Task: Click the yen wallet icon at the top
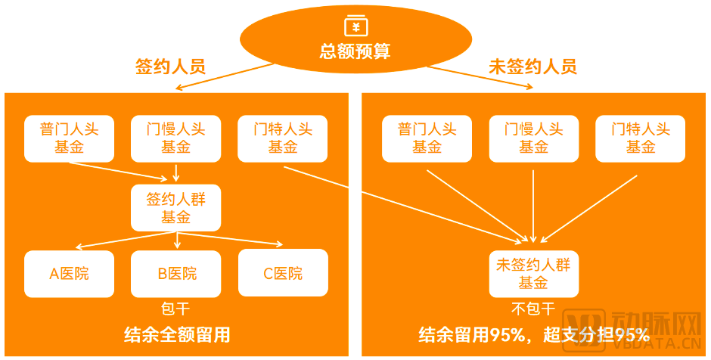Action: pyautogui.click(x=355, y=26)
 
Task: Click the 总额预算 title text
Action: pyautogui.click(x=355, y=52)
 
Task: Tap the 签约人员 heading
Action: pyautogui.click(x=170, y=67)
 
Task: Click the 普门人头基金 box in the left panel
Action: pyautogui.click(x=69, y=138)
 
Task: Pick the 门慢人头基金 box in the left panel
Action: pyautogui.click(x=175, y=138)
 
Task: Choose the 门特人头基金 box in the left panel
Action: pyautogui.click(x=283, y=138)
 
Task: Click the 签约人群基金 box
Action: pyautogui.click(x=175, y=208)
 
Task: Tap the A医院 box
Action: pyautogui.click(x=69, y=273)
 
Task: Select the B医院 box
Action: pyautogui.click(x=176, y=273)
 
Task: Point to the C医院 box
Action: pyautogui.click(x=283, y=273)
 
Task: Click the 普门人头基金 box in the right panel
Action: pyautogui.click(x=427, y=138)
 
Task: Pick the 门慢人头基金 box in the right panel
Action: pyautogui.click(x=533, y=138)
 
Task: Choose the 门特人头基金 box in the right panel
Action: pyautogui.click(x=640, y=138)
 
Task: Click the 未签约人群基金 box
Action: pyautogui.click(x=533, y=274)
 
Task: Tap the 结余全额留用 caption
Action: pyautogui.click(x=176, y=334)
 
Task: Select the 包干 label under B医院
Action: pyautogui.click(x=175, y=309)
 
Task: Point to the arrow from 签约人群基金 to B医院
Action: pyautogui.click(x=176, y=241)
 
